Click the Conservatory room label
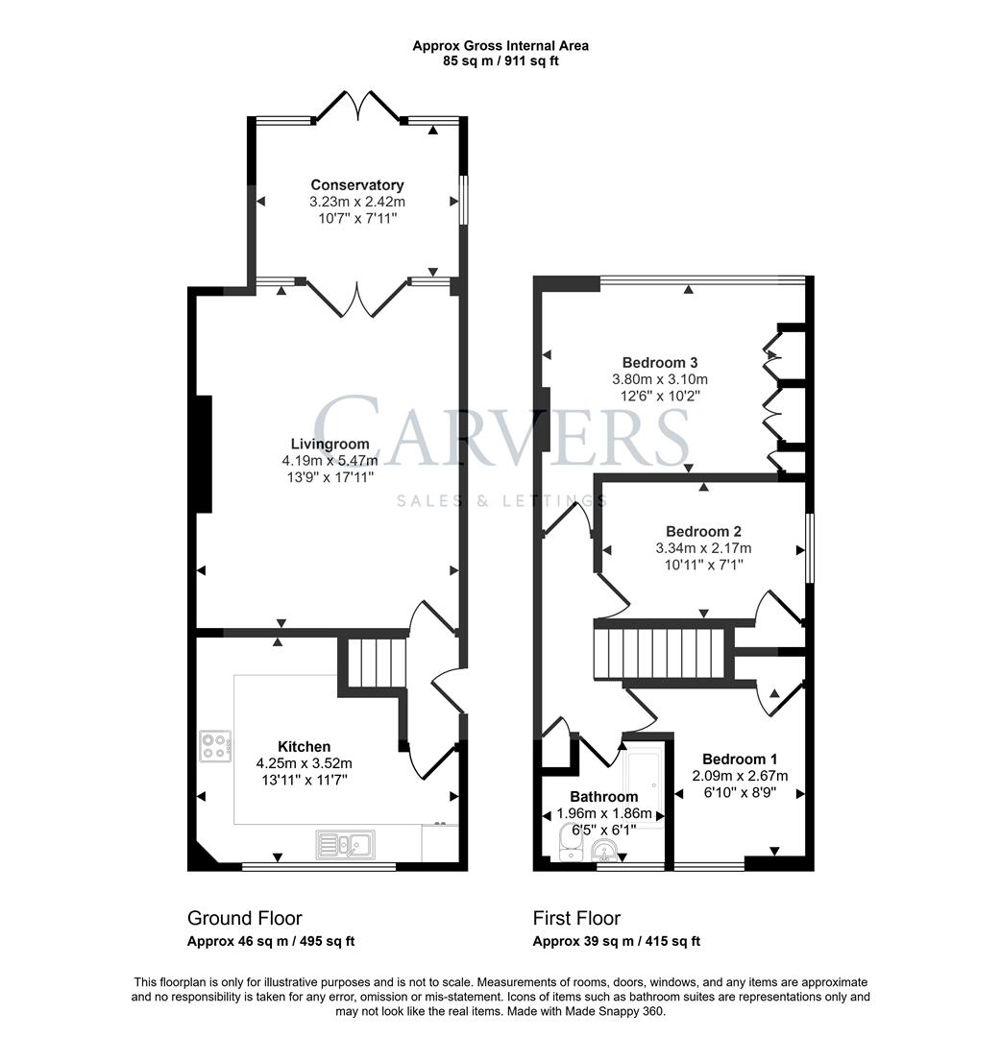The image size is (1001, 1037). [x=357, y=185]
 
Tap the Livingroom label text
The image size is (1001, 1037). [x=330, y=444]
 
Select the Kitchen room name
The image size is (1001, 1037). [x=305, y=747]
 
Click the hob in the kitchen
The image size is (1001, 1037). [x=216, y=746]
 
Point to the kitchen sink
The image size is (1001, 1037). [x=346, y=845]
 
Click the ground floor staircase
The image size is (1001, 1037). [x=376, y=663]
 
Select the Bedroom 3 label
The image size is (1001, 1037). [x=660, y=362]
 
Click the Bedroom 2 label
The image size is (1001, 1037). [x=703, y=531]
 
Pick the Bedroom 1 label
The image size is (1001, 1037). [x=740, y=759]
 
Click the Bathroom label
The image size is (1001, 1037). [x=604, y=796]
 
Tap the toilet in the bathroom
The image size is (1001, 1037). [x=569, y=843]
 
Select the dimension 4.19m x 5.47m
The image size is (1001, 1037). [x=330, y=460]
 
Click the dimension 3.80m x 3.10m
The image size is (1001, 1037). [x=660, y=379]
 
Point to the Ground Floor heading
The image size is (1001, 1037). [x=245, y=918]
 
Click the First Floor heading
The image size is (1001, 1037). [x=577, y=918]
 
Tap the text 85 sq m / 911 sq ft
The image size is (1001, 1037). [x=500, y=60]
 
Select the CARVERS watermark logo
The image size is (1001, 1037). [x=500, y=431]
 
